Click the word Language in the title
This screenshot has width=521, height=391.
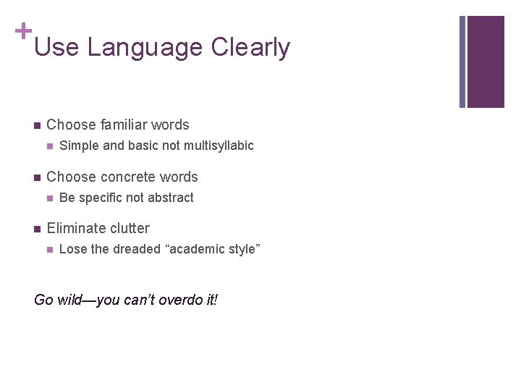coord(145,48)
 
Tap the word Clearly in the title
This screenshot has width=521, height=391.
coord(250,48)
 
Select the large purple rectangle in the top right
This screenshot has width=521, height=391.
coord(486,62)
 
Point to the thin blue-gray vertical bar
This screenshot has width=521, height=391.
coord(462,62)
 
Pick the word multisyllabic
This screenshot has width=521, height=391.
coord(219,146)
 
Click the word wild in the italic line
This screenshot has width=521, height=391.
coord(72,300)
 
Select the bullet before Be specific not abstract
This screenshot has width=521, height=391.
coord(49,198)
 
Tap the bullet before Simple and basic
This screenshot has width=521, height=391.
coord(49,146)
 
